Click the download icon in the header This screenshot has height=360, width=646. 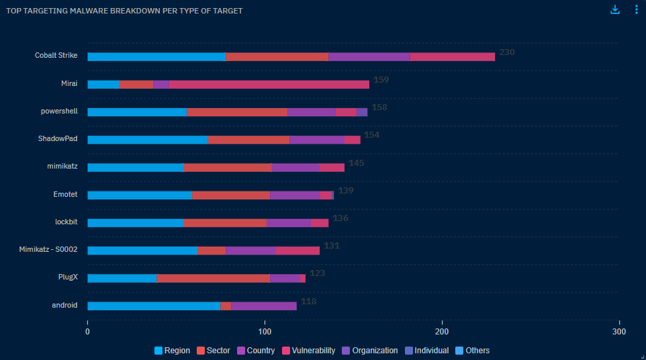coord(615,10)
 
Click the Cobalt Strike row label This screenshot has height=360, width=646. coord(56,55)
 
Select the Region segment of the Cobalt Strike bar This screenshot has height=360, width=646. coord(156,56)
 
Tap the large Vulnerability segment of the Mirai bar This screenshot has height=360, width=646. coord(269,85)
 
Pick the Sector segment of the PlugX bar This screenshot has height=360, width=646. coord(213,278)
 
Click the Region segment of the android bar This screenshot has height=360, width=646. coord(154,306)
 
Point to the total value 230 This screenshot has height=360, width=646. coord(506,52)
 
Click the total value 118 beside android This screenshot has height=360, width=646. coord(308,302)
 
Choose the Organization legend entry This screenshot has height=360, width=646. coord(369,351)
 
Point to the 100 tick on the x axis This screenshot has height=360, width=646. coord(265,332)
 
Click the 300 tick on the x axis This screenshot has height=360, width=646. coord(619,332)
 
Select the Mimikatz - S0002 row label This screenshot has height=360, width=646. coord(48,249)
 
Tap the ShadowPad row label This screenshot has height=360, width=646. coord(58,138)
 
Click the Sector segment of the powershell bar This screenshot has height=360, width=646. coord(237,112)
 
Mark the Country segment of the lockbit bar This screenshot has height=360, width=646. coord(289,223)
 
